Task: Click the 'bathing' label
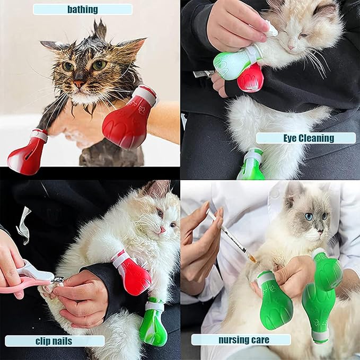pos(82,9)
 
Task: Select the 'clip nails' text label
pos(55,340)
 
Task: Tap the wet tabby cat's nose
pos(78,84)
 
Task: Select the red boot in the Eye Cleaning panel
pos(250,78)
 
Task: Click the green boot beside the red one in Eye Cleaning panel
pos(233,63)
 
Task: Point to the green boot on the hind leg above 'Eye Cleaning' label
pos(251,165)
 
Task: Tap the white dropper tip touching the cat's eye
pos(272,31)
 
